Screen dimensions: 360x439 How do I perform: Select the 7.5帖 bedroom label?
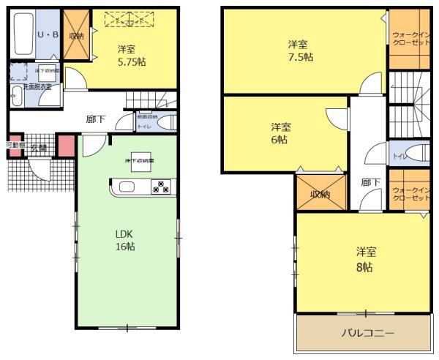coord(300,50)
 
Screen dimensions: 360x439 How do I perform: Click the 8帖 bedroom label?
coord(366,260)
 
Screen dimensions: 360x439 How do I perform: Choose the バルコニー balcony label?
coord(368,333)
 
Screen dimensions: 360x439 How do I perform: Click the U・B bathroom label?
coord(48,34)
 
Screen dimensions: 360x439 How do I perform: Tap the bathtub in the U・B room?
coord(22,34)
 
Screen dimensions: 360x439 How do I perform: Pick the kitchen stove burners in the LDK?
coord(161,187)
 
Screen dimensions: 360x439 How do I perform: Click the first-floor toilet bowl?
coord(166,123)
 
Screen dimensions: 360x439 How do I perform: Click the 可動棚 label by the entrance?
coord(15,145)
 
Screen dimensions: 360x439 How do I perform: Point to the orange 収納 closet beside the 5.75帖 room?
coord(76,35)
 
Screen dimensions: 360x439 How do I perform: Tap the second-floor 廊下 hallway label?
coord(370,182)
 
